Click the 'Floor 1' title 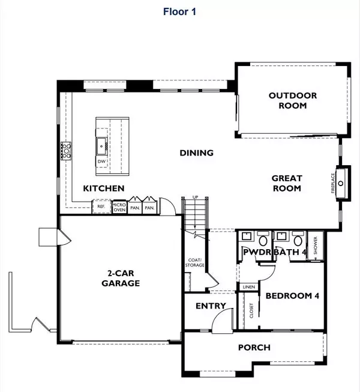coord(179,11)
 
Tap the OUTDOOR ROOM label coord(292,100)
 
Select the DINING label coord(196,152)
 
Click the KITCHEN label coord(103,188)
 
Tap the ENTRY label coord(211,306)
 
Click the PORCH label coord(254,347)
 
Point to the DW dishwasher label coord(101,162)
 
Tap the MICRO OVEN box coord(118,207)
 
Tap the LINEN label coord(249,287)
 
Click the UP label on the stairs coord(195,198)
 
